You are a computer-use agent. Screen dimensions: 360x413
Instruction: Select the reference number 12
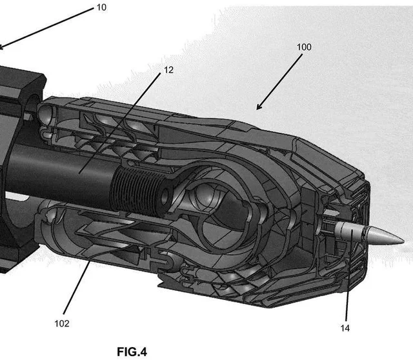(x=168, y=69)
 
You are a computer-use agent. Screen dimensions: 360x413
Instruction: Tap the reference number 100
(x=303, y=48)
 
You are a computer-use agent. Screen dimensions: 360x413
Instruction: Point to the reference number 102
(x=62, y=323)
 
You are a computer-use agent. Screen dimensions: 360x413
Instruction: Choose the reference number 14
(x=346, y=328)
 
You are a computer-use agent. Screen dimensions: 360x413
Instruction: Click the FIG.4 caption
(x=132, y=352)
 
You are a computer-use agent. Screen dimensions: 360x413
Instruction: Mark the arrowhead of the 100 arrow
(x=259, y=107)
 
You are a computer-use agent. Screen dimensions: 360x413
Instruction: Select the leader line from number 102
(x=77, y=290)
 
